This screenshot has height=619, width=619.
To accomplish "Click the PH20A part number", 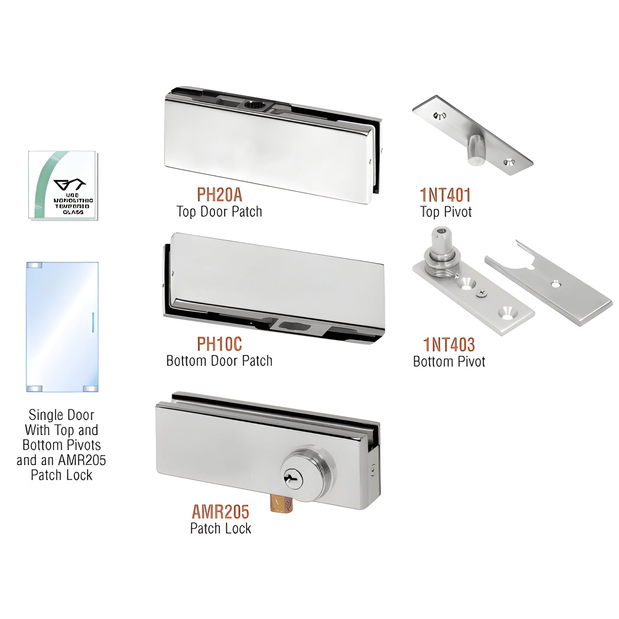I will [219, 195].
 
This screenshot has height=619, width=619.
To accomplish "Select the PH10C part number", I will [219, 344].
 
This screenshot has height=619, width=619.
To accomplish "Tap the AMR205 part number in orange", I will [220, 512].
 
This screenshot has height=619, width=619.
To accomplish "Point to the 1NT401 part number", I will [446, 195].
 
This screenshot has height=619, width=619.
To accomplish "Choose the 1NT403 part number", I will [449, 345].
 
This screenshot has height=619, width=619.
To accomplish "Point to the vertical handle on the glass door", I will [93, 322].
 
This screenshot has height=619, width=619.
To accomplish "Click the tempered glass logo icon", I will [69, 185].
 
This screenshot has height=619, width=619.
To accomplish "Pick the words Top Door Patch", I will [219, 212].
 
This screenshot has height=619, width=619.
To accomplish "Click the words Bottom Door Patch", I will [219, 361].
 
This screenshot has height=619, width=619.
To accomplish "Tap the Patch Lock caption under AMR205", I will [221, 529].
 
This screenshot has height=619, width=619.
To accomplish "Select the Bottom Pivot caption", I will [449, 362].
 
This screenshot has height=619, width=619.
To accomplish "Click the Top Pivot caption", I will [446, 212].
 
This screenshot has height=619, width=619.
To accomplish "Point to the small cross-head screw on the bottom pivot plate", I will [482, 293].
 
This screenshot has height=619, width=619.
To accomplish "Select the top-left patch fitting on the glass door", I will [34, 265].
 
